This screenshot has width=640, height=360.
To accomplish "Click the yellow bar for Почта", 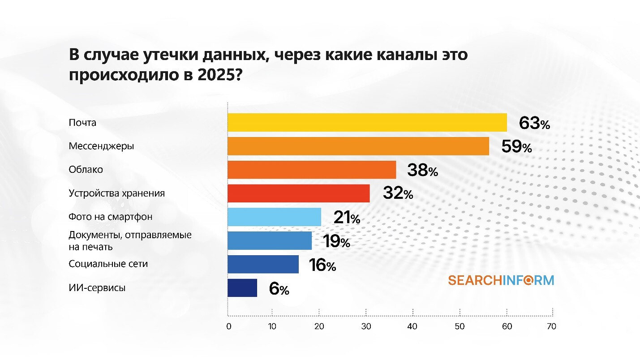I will (x=367, y=122).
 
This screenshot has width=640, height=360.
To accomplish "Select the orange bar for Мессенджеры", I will (x=358, y=146).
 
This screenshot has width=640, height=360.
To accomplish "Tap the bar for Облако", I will (x=312, y=170).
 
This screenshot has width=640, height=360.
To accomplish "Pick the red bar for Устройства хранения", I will (x=298, y=193).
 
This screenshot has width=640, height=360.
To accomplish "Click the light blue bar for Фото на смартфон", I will (x=274, y=217).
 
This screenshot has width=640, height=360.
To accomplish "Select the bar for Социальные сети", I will (x=263, y=264).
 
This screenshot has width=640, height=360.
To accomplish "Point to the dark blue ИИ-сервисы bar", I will (x=242, y=288).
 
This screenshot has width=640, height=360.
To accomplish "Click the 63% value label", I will (x=534, y=123).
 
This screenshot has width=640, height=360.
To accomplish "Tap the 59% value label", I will (x=516, y=147).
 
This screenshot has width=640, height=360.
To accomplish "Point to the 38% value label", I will (x=422, y=171).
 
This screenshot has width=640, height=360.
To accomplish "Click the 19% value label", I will (x=336, y=242).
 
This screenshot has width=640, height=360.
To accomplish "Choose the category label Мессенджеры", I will (x=101, y=146).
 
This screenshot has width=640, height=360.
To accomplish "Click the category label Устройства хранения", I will (x=116, y=193).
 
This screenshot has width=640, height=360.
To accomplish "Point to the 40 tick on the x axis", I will (x=412, y=326).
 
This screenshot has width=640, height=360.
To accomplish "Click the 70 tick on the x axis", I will (x=551, y=326).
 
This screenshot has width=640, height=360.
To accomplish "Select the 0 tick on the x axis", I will (x=228, y=326).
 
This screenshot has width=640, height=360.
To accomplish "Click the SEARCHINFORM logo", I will (x=501, y=280).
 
